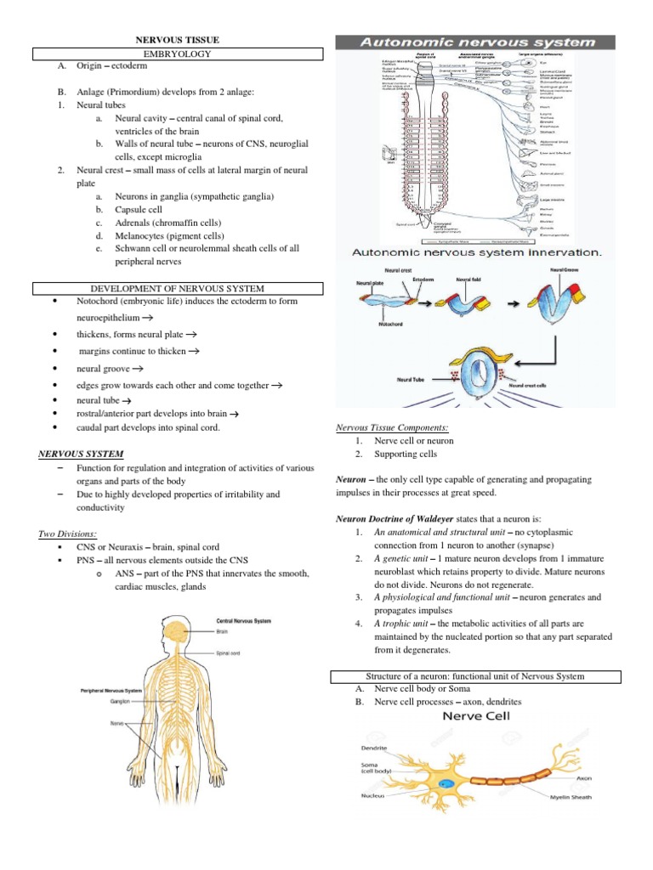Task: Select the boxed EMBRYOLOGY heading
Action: click(x=178, y=54)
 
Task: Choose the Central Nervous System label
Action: click(x=244, y=621)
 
